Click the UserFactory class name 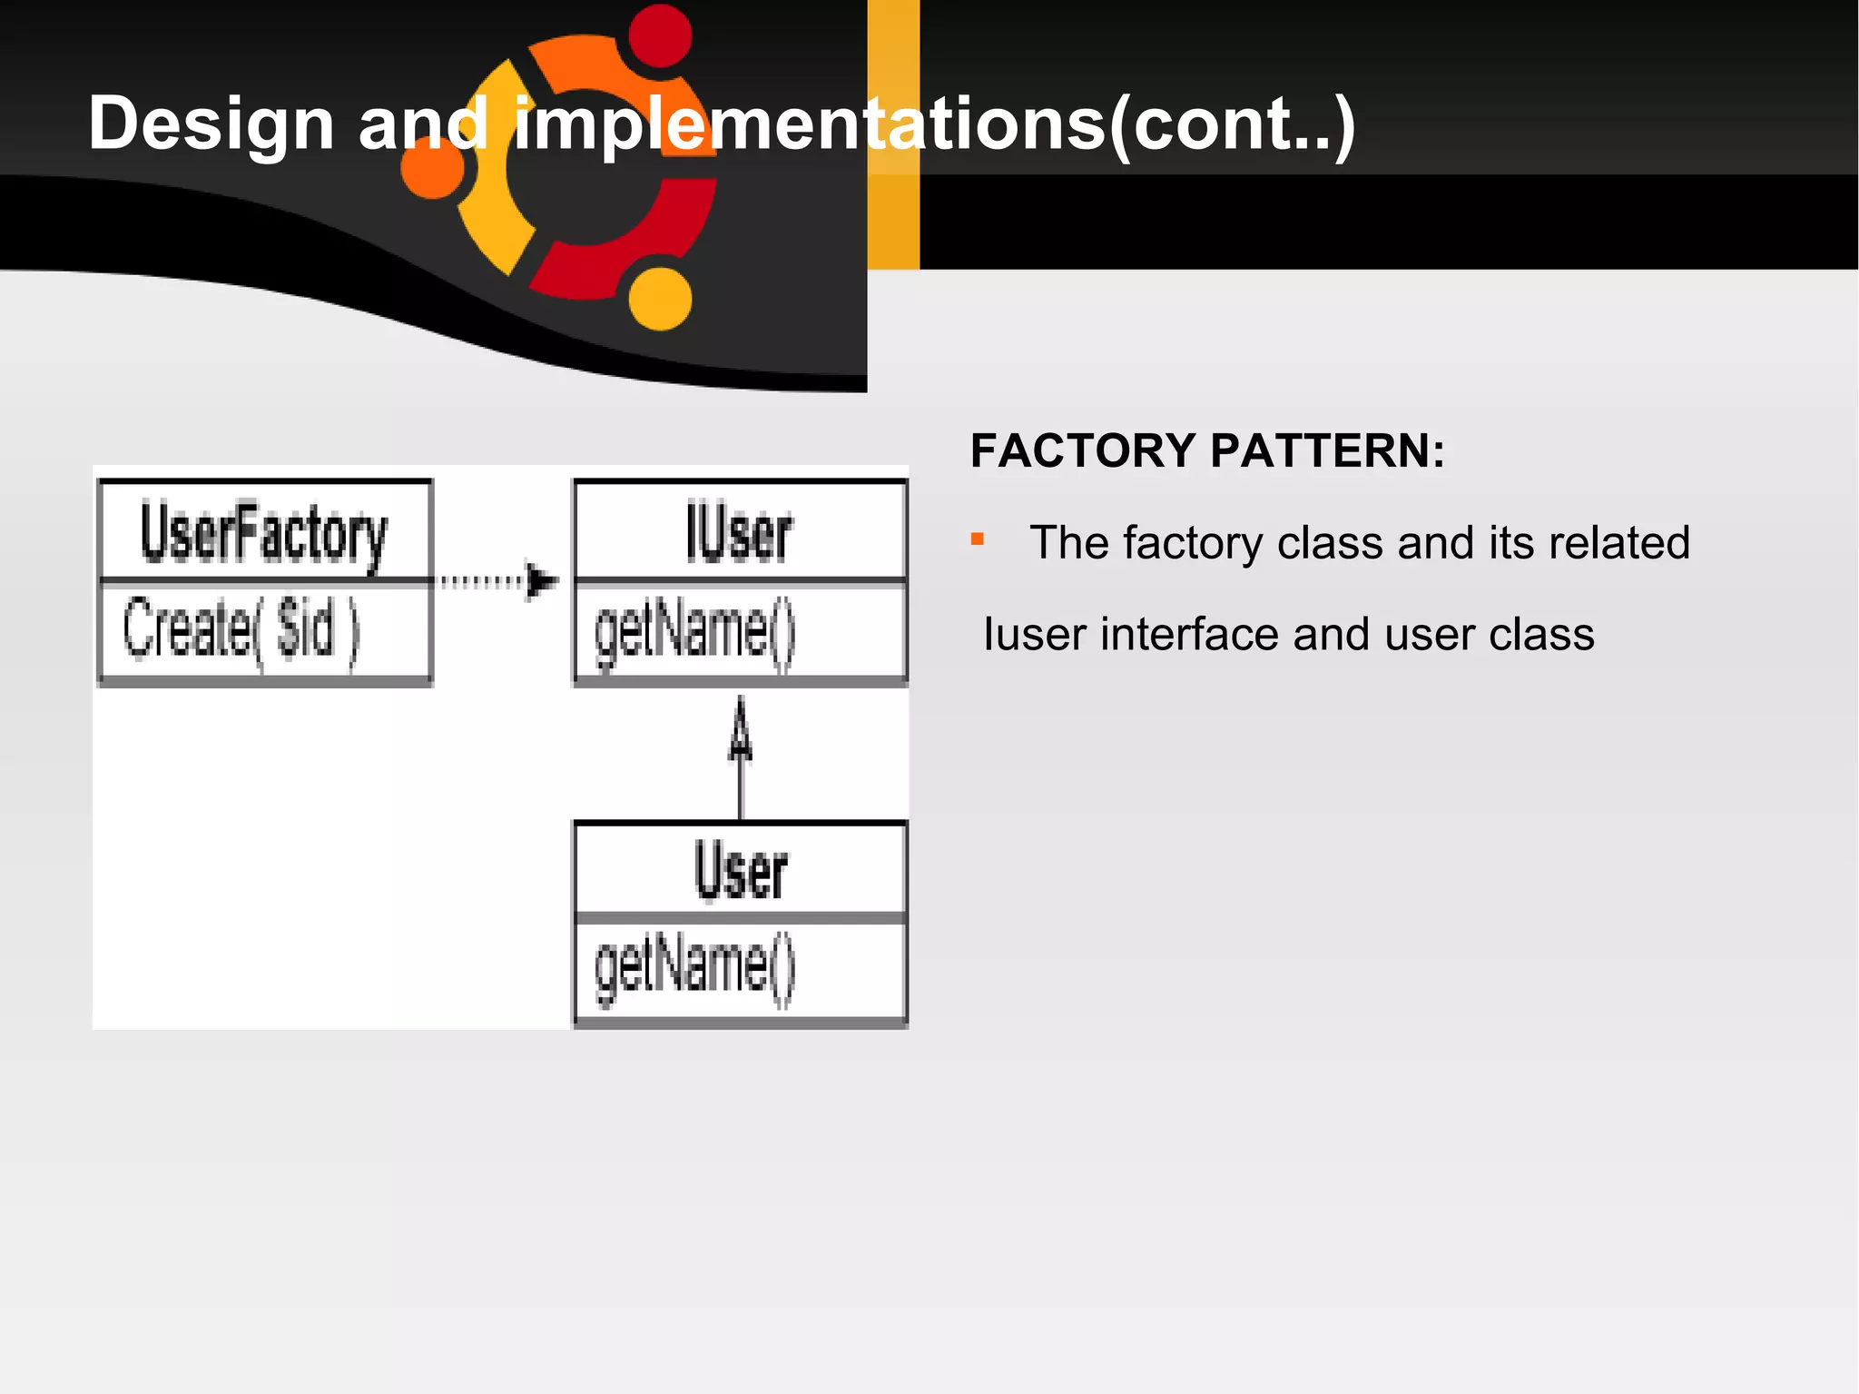[x=263, y=534]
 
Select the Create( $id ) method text [x=241, y=628]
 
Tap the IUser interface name [x=739, y=534]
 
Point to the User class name [x=741, y=870]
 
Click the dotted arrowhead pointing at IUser [x=541, y=581]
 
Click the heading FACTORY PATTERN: [x=1207, y=451]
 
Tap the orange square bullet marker [x=978, y=539]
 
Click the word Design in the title [x=211, y=124]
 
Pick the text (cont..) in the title [x=1232, y=124]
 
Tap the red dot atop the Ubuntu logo [x=660, y=35]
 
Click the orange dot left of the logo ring [x=432, y=168]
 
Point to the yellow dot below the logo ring [x=660, y=298]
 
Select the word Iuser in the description [x=1035, y=634]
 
